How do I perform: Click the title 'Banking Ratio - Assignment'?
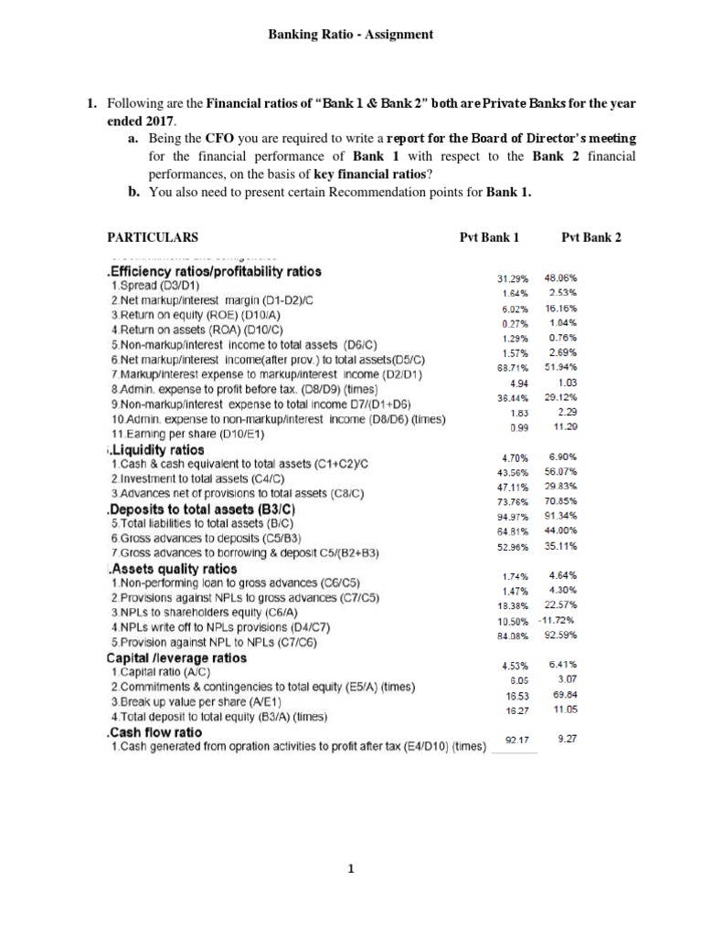click(350, 35)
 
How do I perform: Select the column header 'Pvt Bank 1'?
click(489, 236)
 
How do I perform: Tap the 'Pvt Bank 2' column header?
click(591, 236)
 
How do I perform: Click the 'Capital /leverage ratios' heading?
click(176, 657)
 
